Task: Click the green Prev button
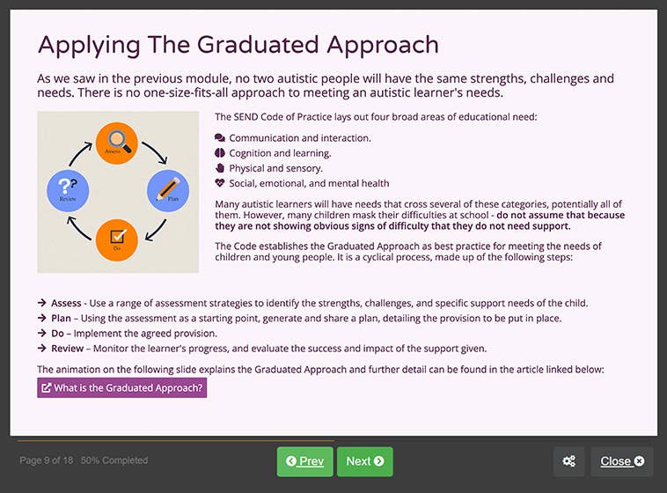point(304,461)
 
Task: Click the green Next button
point(364,461)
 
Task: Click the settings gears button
point(569,461)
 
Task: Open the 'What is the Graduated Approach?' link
point(121,387)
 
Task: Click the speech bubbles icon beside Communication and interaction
point(220,138)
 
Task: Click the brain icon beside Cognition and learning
point(220,153)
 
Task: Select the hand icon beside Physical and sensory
point(220,168)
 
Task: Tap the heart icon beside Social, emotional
point(220,183)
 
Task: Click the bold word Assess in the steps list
point(66,304)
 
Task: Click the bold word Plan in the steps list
point(62,319)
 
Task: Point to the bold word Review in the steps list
point(67,349)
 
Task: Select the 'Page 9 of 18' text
point(47,460)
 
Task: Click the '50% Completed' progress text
point(114,460)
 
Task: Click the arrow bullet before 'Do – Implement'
point(41,334)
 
